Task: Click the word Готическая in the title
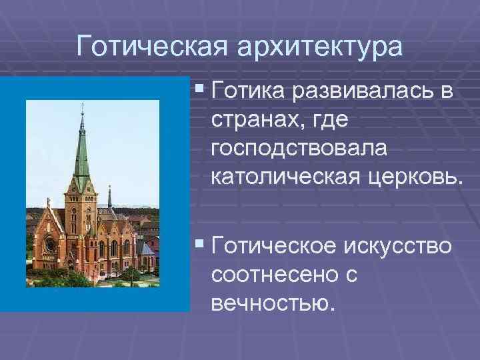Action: tap(153, 47)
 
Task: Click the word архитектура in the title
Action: tap(319, 47)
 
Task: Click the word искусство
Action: tap(400, 247)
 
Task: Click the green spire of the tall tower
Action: tap(82, 150)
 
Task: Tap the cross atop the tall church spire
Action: tap(82, 108)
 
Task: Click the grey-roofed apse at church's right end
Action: tap(147, 250)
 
